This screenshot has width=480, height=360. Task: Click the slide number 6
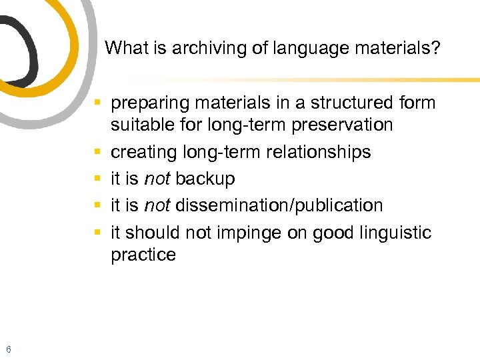[x=8, y=349]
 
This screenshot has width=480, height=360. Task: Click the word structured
[x=346, y=103]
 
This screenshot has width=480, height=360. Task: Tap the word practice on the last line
[x=143, y=255]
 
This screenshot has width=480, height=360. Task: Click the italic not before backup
[x=157, y=179]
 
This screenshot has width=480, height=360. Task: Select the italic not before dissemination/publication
[x=157, y=206]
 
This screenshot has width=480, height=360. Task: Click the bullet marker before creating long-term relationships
[x=98, y=153]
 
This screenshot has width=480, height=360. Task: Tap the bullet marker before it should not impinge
[x=98, y=233]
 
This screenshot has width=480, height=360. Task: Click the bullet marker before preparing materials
[x=98, y=103]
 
